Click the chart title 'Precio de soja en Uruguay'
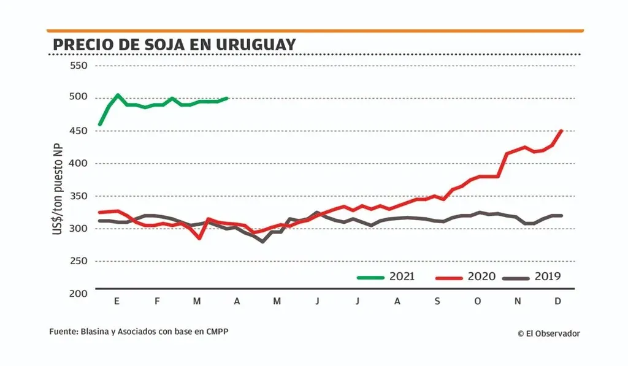174,45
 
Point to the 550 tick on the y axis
79,66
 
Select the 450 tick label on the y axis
79,131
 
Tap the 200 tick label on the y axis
79,294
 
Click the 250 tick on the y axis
79,261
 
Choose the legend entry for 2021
386,277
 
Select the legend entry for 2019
531,277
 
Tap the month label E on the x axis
117,301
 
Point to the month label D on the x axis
557,301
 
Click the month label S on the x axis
437,301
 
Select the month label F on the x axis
157,301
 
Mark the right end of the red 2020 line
562,131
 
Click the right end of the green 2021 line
228,98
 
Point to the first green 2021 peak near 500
118,95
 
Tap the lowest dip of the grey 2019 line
263,242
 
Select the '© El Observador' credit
548,334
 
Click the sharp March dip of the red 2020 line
199,238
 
